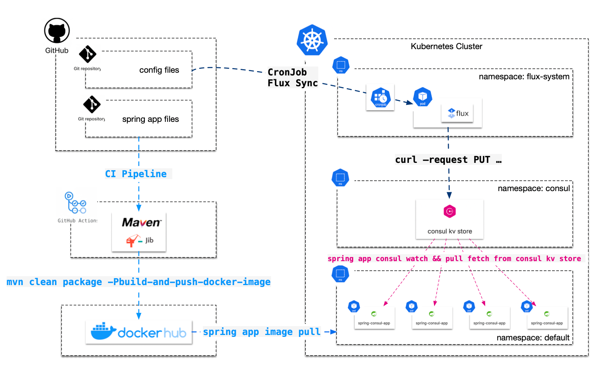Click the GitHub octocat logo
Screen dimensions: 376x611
(x=57, y=31)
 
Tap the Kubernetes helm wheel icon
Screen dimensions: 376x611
(x=312, y=40)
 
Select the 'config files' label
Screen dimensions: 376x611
(x=159, y=70)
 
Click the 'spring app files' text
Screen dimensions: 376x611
(x=150, y=119)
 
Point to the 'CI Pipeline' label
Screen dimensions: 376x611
(x=136, y=174)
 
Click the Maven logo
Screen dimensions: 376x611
(x=141, y=222)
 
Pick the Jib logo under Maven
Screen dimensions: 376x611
(x=140, y=241)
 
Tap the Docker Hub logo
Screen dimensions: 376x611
(x=139, y=332)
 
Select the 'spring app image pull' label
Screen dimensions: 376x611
(x=262, y=332)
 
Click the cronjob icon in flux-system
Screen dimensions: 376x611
(x=381, y=97)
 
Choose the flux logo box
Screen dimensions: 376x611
(x=458, y=113)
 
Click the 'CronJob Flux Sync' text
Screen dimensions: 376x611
(x=292, y=78)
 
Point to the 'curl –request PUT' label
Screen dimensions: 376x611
(x=448, y=160)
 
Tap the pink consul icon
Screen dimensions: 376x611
(x=450, y=212)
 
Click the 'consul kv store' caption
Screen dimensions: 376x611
(x=450, y=231)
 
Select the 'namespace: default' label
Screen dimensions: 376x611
(x=533, y=338)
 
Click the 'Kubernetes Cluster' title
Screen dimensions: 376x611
(x=446, y=46)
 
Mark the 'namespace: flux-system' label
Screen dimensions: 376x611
(x=524, y=77)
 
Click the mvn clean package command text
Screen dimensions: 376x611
(x=138, y=282)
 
